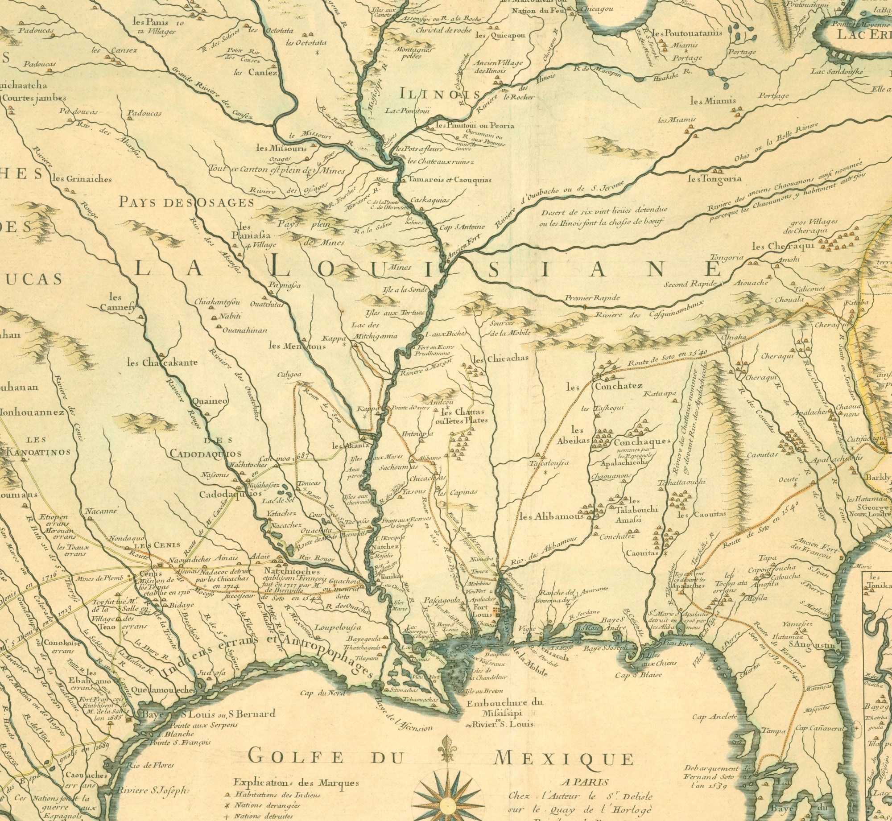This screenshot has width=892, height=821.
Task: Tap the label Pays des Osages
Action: click(186, 202)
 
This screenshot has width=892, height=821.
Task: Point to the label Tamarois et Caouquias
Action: click(449, 180)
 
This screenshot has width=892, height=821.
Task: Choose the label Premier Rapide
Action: click(592, 298)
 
